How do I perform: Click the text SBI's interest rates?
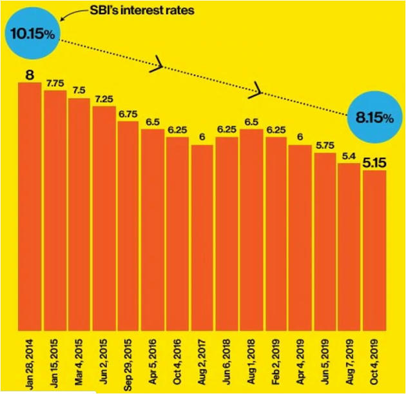(133, 12)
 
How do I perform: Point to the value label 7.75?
(55, 84)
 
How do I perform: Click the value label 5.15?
(374, 163)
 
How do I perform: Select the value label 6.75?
(128, 114)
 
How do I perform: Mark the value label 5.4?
(349, 156)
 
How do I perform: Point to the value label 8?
(30, 75)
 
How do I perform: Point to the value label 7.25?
(104, 99)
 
